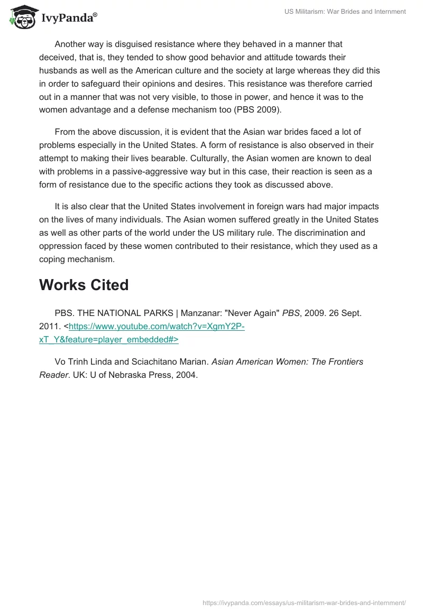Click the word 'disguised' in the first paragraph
[119, 44]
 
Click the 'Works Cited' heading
[84, 285]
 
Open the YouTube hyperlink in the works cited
[157, 327]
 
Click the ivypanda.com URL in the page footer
[304, 602]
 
